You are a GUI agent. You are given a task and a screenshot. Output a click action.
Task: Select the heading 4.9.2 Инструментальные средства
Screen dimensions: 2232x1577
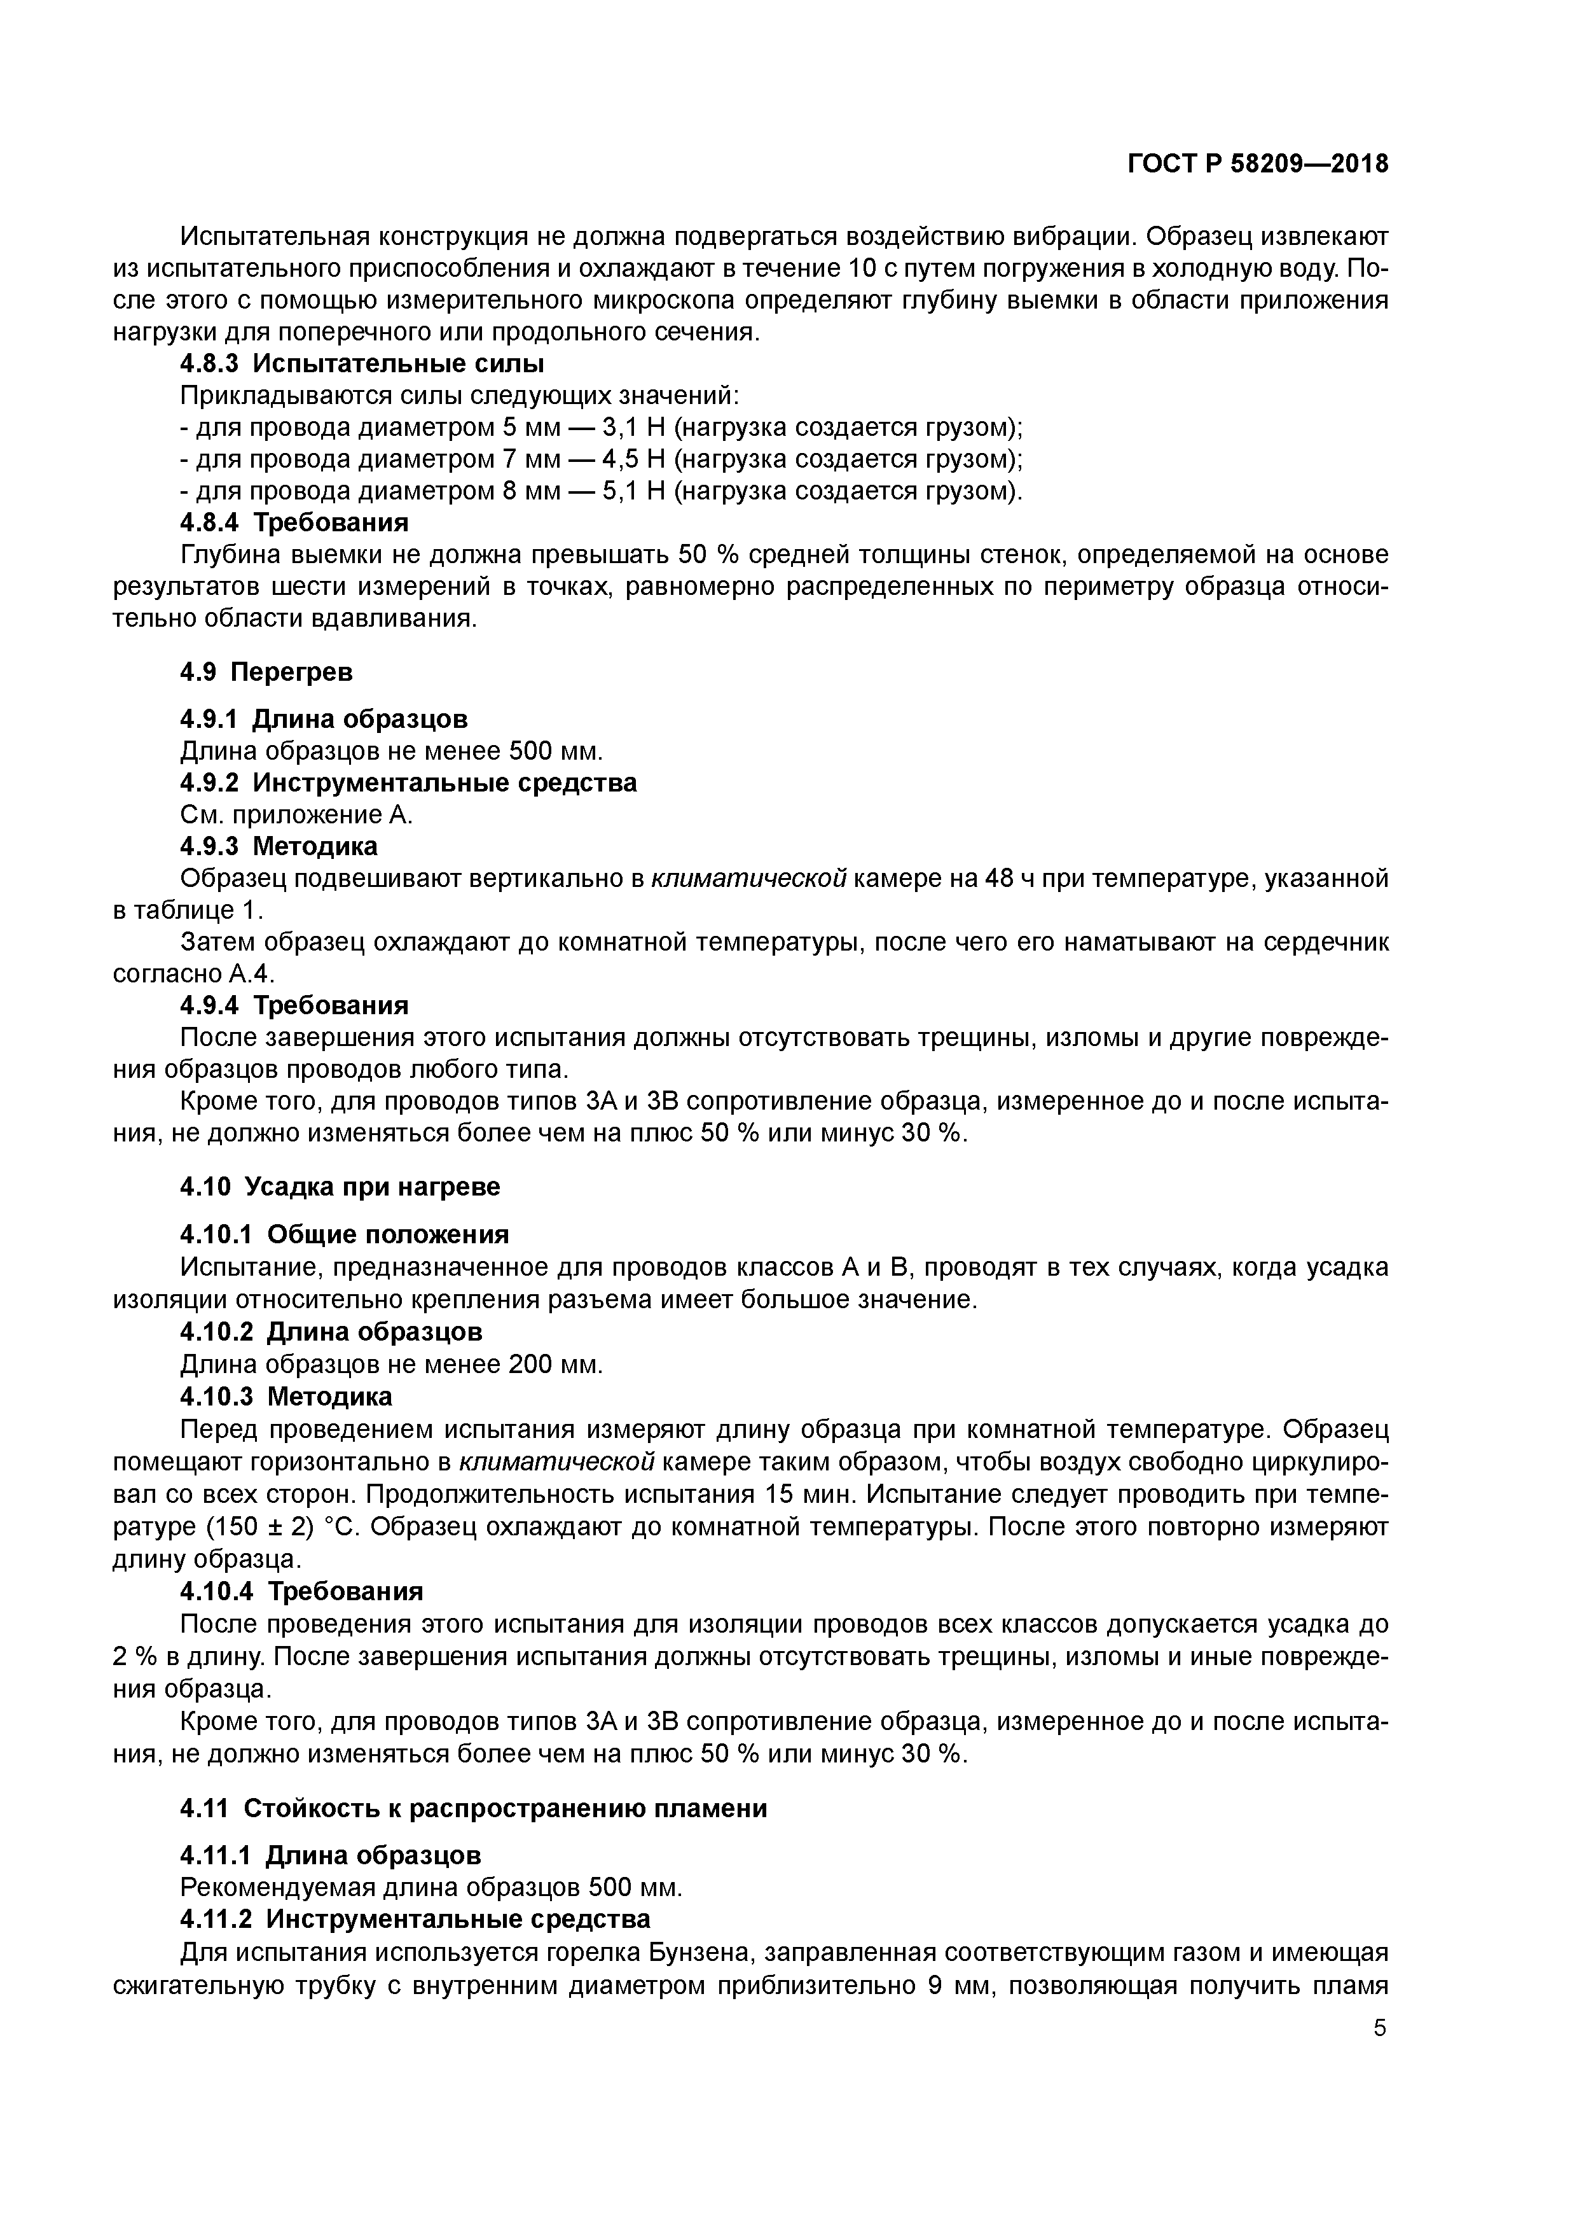tap(408, 783)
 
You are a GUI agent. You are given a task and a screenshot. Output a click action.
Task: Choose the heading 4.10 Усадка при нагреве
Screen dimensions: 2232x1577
tap(340, 1187)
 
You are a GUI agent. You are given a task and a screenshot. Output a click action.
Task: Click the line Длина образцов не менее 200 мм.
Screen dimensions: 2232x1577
tap(392, 1365)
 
